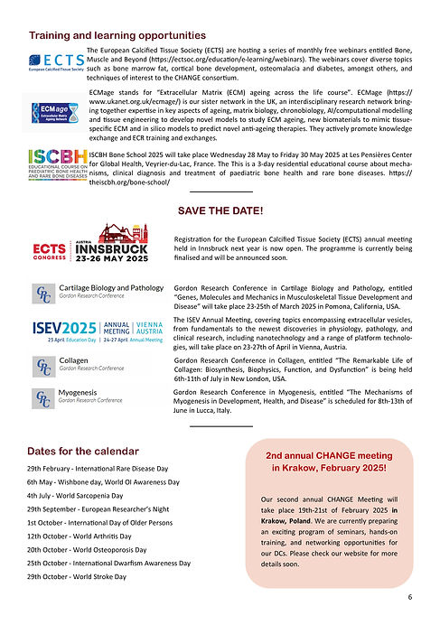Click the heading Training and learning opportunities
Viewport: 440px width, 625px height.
[x=112, y=35]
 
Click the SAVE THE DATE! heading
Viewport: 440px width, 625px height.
[x=220, y=210]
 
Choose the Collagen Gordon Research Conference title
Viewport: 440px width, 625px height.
[x=75, y=360]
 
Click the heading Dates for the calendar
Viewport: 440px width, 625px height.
[x=83, y=451]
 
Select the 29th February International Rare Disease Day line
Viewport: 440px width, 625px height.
[x=98, y=470]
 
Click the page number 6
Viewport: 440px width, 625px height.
[x=409, y=597]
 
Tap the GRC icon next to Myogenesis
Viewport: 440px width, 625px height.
[x=42, y=397]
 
